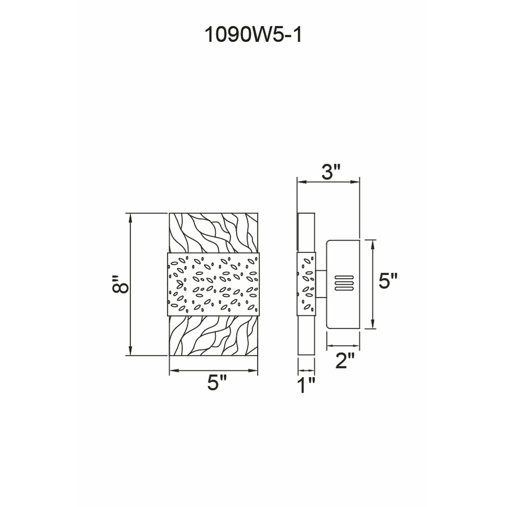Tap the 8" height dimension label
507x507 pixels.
pos(119,284)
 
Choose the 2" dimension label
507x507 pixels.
pos(345,360)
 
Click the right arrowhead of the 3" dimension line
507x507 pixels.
pos(356,182)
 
